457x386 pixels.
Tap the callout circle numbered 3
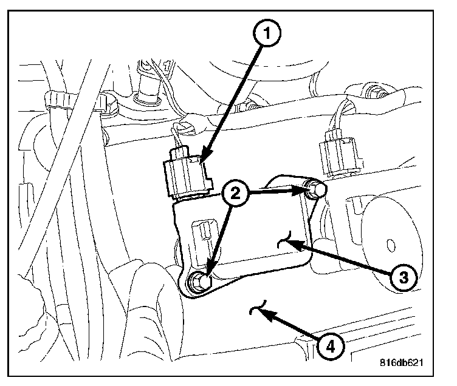click(402, 277)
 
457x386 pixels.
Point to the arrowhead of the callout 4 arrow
click(263, 311)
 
